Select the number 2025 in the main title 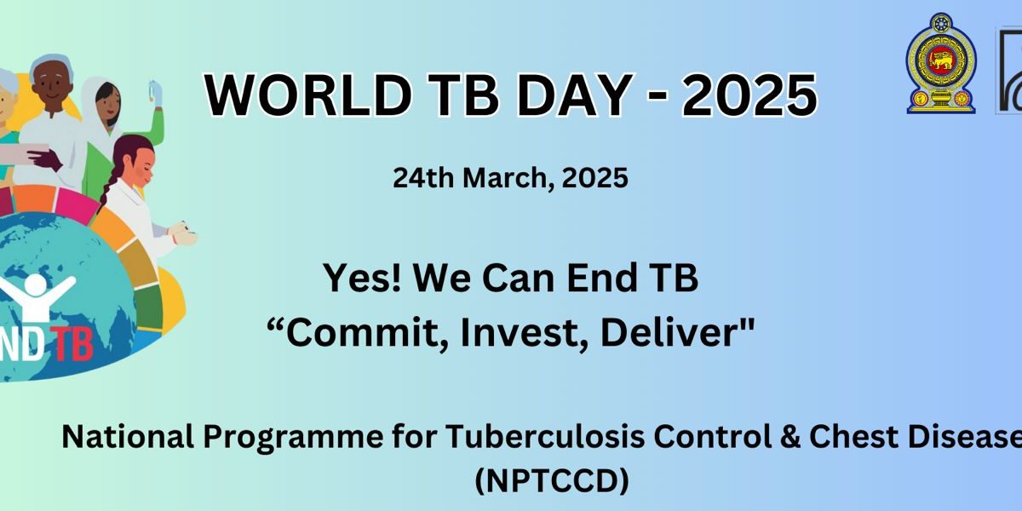(749, 95)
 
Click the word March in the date (509, 178)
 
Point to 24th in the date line (423, 178)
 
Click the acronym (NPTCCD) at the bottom (552, 480)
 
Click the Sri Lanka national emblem (941, 63)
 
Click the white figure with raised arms (37, 296)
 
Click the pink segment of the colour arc (78, 202)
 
